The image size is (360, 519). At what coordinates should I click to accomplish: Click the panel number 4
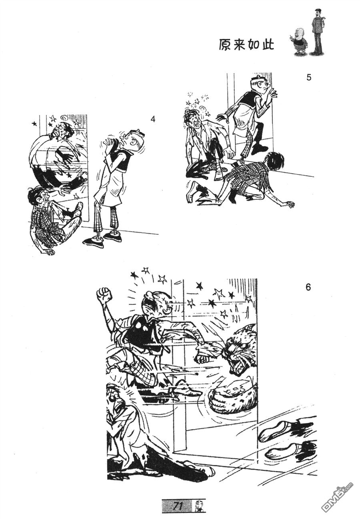[x=152, y=119]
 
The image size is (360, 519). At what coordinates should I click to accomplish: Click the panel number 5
[x=308, y=77]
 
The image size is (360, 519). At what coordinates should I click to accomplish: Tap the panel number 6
[x=308, y=287]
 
